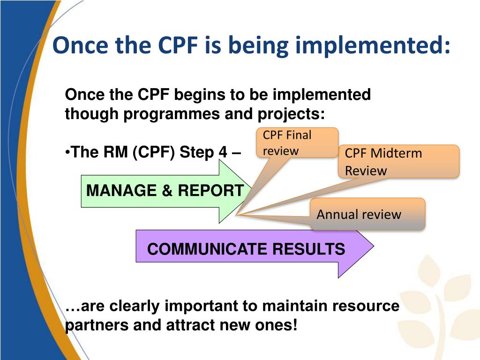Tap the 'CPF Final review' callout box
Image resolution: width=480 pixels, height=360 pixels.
(x=297, y=142)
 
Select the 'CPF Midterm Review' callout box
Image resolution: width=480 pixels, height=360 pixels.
(x=398, y=161)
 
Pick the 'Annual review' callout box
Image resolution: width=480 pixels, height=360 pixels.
(x=367, y=214)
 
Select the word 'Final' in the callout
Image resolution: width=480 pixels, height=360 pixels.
(x=299, y=135)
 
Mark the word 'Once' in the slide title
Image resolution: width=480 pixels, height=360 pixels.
(x=77, y=45)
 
